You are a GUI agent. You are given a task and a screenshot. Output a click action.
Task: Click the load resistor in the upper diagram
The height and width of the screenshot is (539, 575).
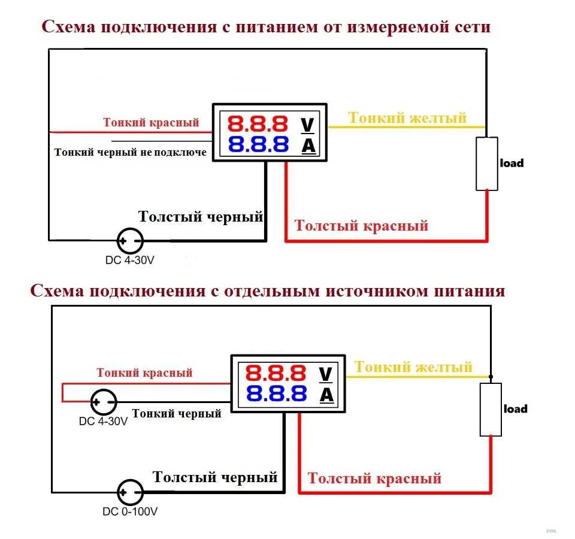click(487, 163)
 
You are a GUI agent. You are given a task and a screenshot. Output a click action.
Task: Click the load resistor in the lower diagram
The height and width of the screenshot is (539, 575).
click(491, 410)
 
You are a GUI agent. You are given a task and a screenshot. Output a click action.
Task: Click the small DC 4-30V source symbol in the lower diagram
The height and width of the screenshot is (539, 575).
click(103, 402)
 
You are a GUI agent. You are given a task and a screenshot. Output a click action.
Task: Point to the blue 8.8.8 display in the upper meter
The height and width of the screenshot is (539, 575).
click(258, 144)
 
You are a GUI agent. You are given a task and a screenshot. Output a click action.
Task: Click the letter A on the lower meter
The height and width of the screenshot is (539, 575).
click(325, 394)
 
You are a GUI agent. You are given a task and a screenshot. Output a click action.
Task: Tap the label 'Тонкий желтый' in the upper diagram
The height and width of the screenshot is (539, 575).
click(407, 118)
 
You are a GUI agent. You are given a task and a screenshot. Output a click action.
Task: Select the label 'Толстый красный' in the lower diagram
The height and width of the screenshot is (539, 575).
click(374, 479)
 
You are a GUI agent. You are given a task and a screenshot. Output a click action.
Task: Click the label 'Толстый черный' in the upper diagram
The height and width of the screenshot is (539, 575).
click(201, 217)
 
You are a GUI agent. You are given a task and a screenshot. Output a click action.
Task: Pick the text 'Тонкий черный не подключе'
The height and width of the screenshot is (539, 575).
click(131, 152)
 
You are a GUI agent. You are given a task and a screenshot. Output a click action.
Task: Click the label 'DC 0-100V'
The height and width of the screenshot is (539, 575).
click(130, 512)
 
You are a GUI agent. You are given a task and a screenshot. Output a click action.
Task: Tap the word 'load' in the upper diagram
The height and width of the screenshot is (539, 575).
click(512, 163)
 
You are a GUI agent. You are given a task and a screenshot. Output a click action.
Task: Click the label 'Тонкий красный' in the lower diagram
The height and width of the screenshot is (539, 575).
click(145, 373)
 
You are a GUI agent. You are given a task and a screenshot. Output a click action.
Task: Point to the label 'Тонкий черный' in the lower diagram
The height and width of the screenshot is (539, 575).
click(177, 413)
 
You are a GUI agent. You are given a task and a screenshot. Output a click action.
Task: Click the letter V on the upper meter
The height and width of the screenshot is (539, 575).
click(307, 125)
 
